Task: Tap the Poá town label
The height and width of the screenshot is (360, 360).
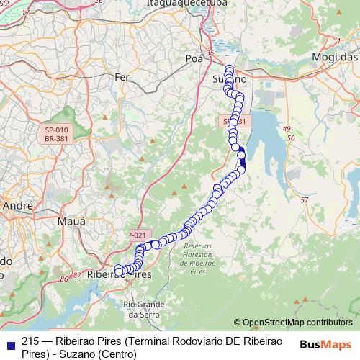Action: coord(195,58)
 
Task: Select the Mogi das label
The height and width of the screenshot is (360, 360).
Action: coord(335,58)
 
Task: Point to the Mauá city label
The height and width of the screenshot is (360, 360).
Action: coord(71,221)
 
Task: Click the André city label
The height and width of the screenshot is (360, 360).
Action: coord(18,206)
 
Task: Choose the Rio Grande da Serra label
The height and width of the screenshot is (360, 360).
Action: coord(143,309)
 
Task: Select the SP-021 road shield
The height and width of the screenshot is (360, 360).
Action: coord(139,235)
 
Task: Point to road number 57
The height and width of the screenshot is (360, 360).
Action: coord(304,199)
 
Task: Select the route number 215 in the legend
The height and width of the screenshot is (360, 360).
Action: coord(30,342)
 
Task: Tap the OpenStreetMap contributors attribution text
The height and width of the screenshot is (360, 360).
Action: coord(293,322)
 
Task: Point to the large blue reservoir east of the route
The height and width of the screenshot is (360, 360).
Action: coord(266,144)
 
